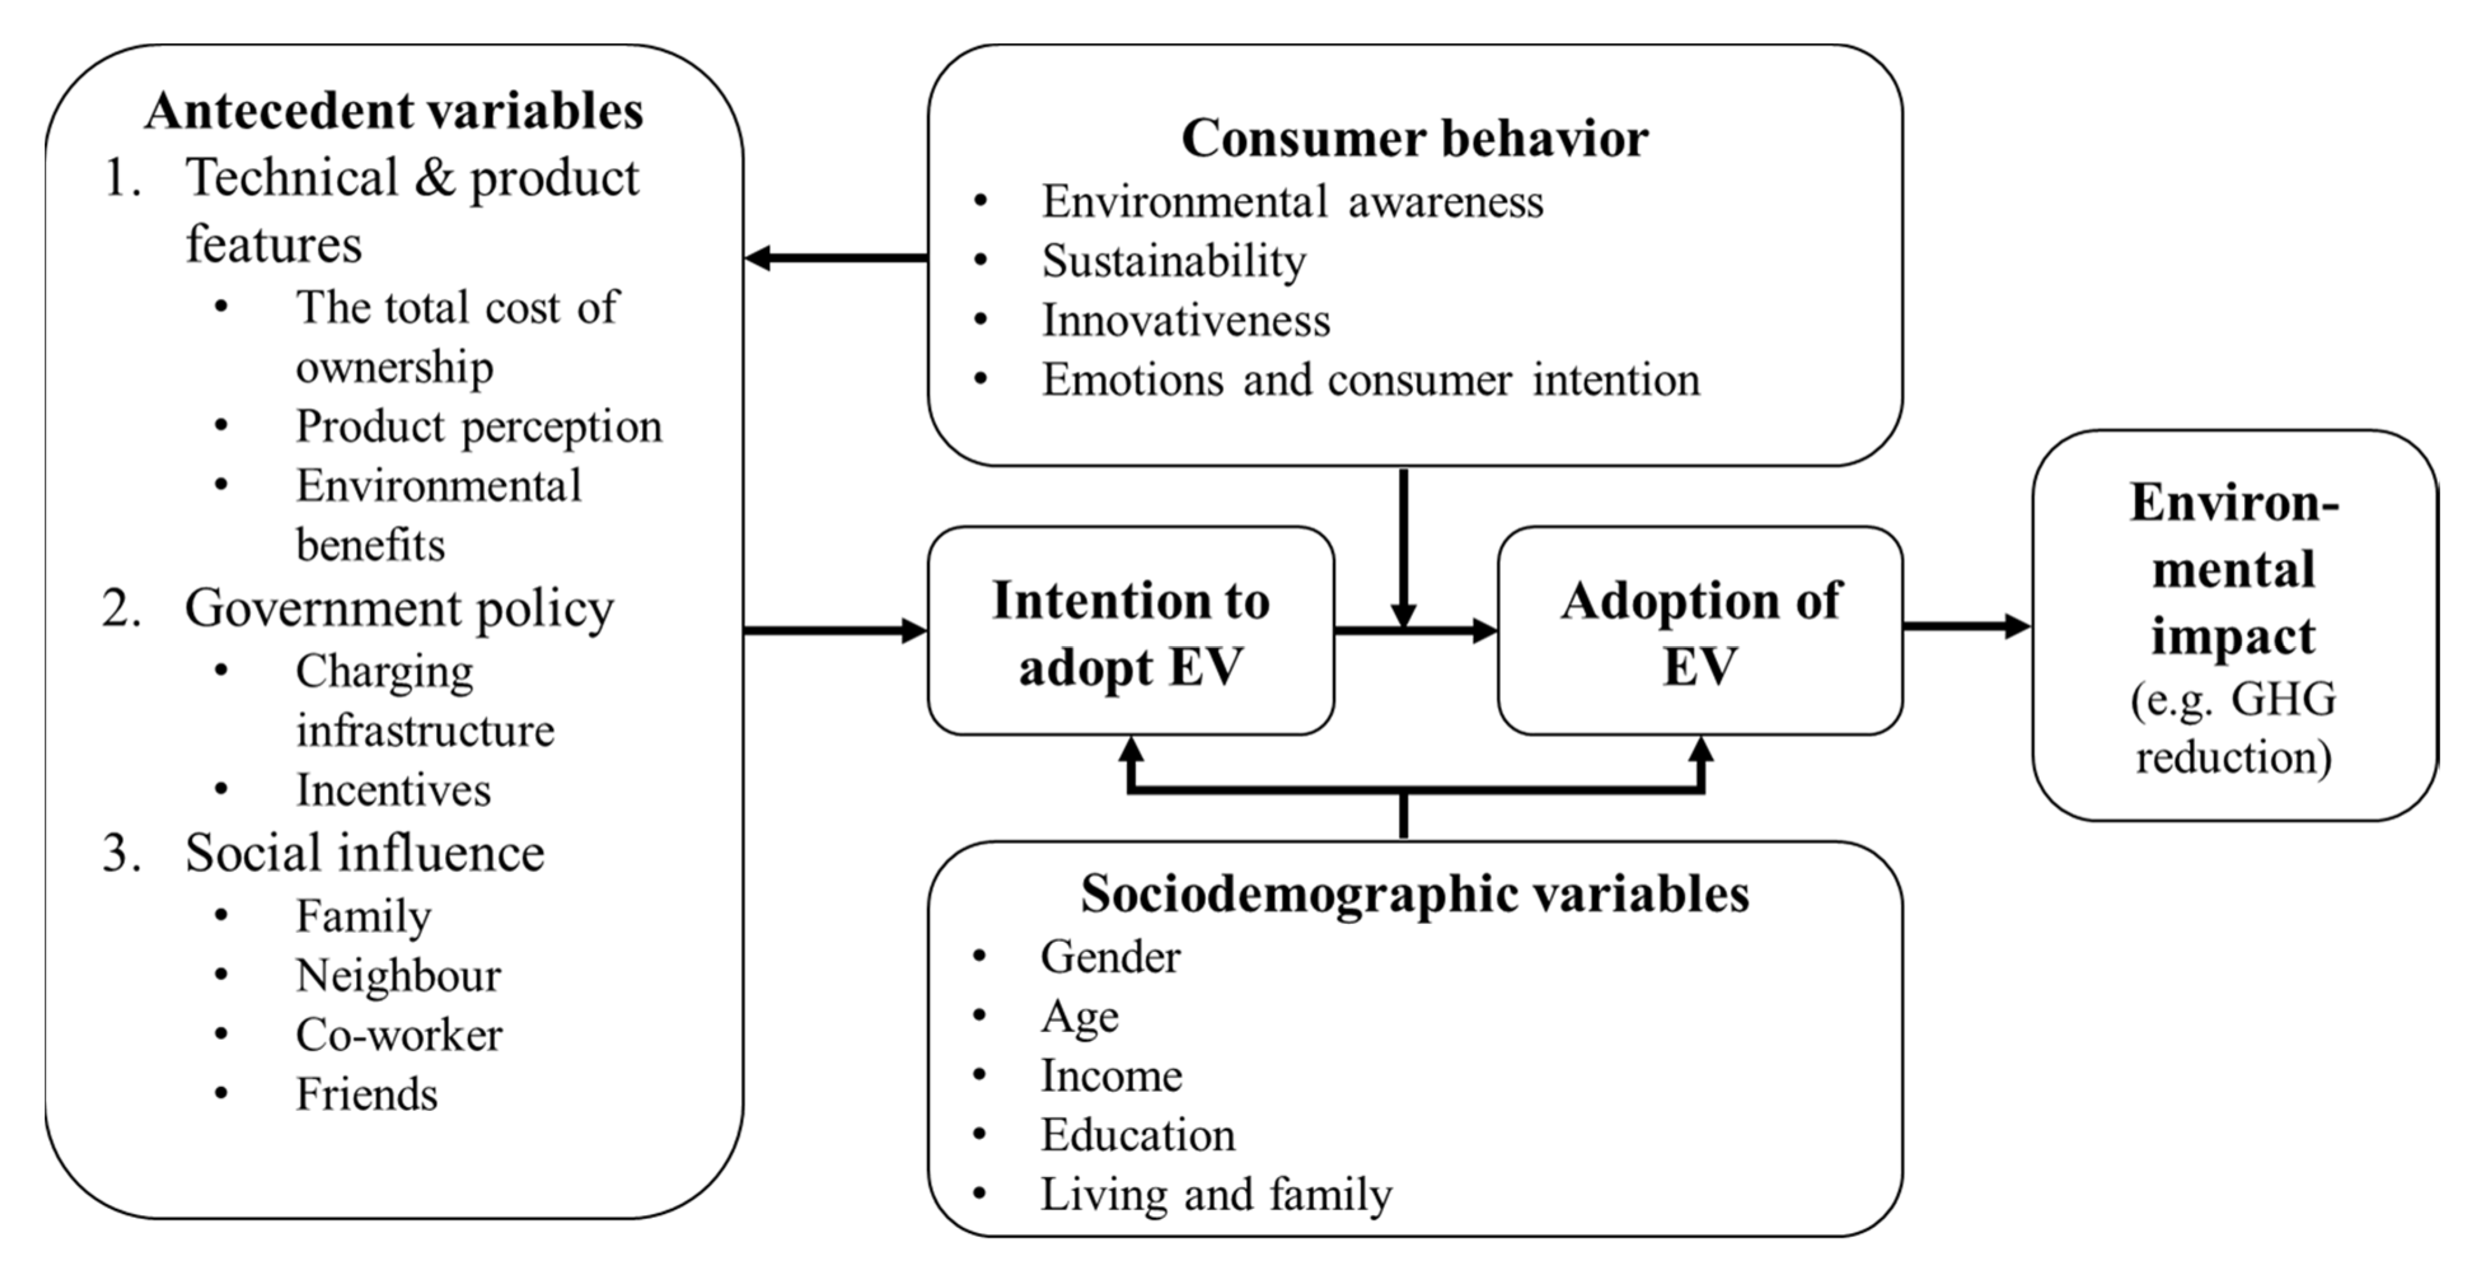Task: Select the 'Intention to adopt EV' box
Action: point(1131,632)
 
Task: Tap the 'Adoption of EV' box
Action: point(1700,632)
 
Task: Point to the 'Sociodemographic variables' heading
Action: point(1414,894)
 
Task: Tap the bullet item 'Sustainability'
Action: point(1174,261)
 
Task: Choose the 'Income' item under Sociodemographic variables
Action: point(1112,1075)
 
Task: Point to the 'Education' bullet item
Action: point(1139,1135)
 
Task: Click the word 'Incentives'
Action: point(393,790)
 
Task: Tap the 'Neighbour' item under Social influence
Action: point(398,976)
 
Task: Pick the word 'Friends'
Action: point(366,1094)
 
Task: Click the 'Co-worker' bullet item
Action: point(399,1035)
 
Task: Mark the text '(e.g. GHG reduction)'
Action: point(2233,728)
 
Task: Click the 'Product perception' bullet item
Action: point(478,427)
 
